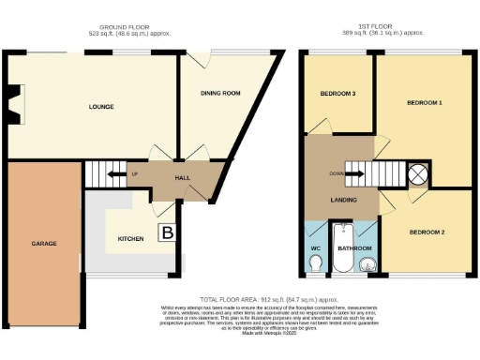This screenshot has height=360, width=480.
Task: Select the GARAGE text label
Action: pyautogui.click(x=43, y=243)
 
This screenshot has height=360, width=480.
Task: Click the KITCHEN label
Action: pyautogui.click(x=130, y=239)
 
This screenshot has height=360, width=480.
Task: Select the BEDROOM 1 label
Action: pyautogui.click(x=425, y=101)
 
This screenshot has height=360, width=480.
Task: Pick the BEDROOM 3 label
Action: pyautogui.click(x=337, y=94)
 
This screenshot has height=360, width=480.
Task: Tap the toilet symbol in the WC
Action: pyautogui.click(x=315, y=266)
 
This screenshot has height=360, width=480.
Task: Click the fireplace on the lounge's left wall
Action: pyautogui.click(x=12, y=103)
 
